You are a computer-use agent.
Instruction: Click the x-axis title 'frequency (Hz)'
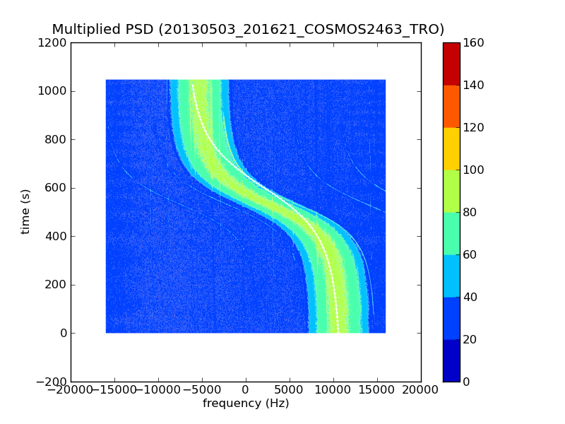pyautogui.click(x=246, y=404)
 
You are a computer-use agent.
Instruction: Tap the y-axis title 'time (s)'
pyautogui.click(x=25, y=211)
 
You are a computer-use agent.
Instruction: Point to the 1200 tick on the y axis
pyautogui.click(x=54, y=43)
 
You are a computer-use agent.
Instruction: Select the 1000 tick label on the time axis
pyautogui.click(x=54, y=91)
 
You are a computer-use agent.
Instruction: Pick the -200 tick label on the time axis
pyautogui.click(x=52, y=382)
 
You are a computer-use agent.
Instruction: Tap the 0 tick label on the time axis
pyautogui.click(x=63, y=334)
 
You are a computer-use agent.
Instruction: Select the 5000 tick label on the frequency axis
pyautogui.click(x=290, y=390)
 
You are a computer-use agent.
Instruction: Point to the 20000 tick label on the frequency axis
pyautogui.click(x=421, y=390)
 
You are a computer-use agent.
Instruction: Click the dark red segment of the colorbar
pyautogui.click(x=451, y=64)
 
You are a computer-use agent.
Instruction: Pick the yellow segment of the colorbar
pyautogui.click(x=451, y=148)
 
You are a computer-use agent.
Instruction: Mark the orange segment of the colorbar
pyautogui.click(x=451, y=106)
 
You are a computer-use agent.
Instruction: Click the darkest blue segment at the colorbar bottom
pyautogui.click(x=451, y=360)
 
